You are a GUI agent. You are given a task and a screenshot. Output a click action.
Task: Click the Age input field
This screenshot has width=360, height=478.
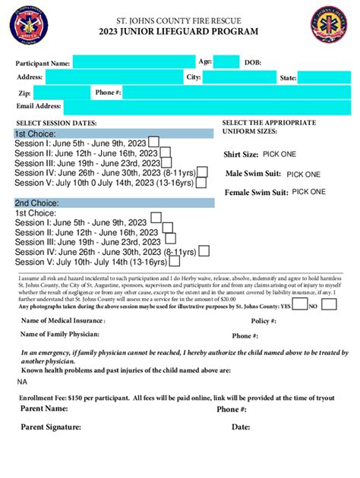(226, 62)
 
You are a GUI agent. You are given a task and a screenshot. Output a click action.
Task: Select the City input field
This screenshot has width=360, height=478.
(238, 77)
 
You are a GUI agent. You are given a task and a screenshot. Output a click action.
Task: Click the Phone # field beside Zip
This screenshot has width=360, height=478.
(235, 93)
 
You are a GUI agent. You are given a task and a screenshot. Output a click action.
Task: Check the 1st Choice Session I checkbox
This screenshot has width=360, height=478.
(153, 141)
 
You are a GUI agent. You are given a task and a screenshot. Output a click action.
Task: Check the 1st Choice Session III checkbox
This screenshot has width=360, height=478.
(166, 162)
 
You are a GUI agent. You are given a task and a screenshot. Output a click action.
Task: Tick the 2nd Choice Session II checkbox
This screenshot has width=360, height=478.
(165, 232)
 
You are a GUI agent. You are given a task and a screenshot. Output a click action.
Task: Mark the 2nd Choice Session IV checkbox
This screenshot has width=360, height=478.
(203, 251)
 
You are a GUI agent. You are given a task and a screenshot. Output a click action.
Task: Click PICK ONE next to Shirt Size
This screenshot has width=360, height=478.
(279, 154)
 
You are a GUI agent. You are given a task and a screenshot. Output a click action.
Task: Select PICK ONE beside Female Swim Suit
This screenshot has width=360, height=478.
(308, 192)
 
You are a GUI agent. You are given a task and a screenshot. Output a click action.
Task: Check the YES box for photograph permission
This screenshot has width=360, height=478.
(300, 305)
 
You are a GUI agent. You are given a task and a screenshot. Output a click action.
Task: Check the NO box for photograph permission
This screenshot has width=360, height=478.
(329, 305)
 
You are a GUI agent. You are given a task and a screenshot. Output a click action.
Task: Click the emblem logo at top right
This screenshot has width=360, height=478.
(331, 24)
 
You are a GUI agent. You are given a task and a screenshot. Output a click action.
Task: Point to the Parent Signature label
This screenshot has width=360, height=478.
(51, 427)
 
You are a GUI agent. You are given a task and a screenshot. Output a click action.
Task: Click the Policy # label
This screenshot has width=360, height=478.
(263, 321)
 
